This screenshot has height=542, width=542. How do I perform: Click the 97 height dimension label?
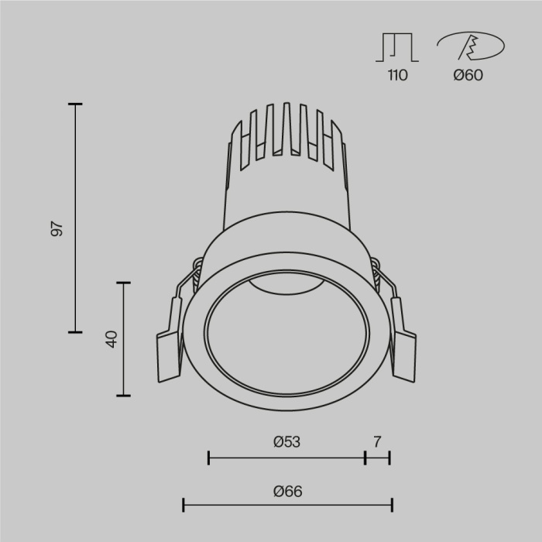coord(56,229)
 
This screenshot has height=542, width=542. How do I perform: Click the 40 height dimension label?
coord(111,338)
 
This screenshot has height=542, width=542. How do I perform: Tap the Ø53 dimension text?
coord(286,442)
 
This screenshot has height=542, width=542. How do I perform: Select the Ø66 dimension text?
coord(287,491)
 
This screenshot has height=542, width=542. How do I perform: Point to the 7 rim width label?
coord(377,442)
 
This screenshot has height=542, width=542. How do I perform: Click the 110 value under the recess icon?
coord(396,75)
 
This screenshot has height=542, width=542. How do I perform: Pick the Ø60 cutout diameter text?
coord(468,75)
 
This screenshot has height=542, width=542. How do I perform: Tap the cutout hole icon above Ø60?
coord(468,46)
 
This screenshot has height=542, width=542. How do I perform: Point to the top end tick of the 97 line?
coord(75,104)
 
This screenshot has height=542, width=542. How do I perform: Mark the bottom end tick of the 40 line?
coord(123,395)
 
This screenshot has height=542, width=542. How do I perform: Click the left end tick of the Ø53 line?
coord(209,458)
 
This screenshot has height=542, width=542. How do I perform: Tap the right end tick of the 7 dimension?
coord(389,458)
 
